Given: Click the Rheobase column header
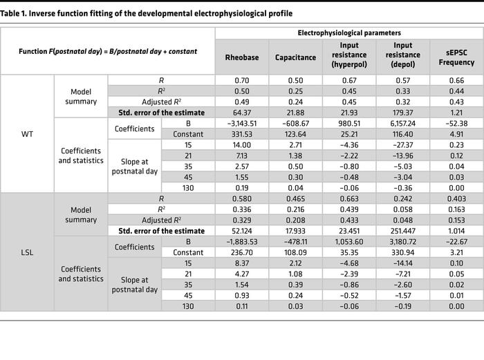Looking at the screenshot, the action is pos(242,57).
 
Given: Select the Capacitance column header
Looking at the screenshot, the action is pos(295,57).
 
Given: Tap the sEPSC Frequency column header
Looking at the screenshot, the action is pos(456,57).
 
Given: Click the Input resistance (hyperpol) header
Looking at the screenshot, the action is pos(349,55).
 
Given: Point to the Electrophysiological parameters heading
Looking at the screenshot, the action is pos(349,33).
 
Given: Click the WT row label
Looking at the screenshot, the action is pos(27,134).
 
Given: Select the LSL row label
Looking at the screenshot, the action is pos(27,252).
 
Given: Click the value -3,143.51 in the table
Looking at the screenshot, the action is pos(242,124).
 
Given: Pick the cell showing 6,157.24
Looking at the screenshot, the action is pos(403,124).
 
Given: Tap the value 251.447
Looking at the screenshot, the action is pos(403,231).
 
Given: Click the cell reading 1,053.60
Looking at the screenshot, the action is pos(349,242).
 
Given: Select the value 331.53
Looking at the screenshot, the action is pos(242,134).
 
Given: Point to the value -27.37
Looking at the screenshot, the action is pos(403,145).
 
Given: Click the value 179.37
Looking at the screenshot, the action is pos(403,113).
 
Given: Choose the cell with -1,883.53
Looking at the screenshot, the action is pos(242,242).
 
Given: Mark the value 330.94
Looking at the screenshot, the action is pos(403,252).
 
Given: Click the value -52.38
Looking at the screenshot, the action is pos(456,124).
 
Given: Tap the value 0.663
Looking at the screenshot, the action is pos(349,199).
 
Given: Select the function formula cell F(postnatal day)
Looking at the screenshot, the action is pos(108,51).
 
